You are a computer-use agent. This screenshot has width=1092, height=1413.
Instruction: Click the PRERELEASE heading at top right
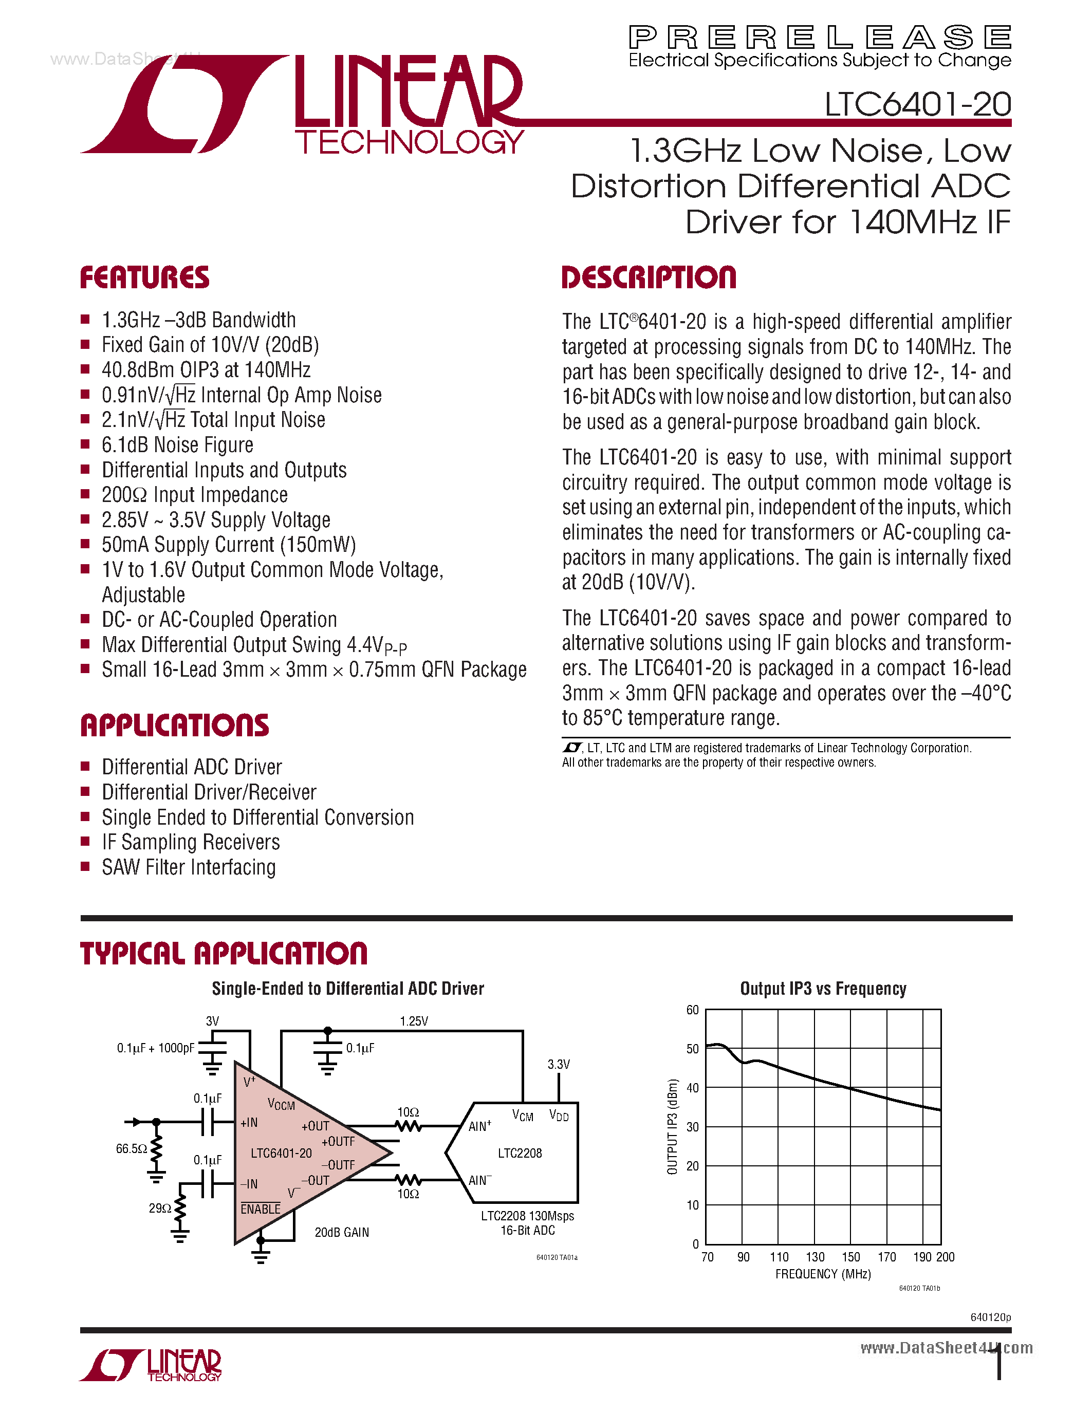820,38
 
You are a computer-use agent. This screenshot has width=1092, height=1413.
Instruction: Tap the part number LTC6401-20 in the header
917,104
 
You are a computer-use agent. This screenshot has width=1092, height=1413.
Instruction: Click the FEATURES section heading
145,277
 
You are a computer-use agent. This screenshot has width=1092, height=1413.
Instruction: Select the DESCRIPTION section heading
649,277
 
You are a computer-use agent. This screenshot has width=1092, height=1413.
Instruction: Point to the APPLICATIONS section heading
175,726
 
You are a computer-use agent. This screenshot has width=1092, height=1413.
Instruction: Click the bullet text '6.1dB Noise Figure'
177,445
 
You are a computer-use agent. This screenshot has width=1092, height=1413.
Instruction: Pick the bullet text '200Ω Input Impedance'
195,495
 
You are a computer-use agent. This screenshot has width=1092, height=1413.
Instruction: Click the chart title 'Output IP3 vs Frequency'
823,989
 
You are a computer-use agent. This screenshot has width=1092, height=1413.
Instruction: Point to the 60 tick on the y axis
692,1010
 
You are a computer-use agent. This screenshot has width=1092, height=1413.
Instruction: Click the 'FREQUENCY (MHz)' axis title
823,1274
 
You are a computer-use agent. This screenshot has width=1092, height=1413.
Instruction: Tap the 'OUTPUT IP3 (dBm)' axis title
672,1126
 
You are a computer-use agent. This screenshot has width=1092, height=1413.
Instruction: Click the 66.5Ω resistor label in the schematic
132,1149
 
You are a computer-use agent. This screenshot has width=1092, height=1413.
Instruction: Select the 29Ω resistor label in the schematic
160,1208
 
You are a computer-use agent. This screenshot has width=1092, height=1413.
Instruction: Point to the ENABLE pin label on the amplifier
261,1209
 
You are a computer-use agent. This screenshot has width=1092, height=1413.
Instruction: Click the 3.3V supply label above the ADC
558,1064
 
